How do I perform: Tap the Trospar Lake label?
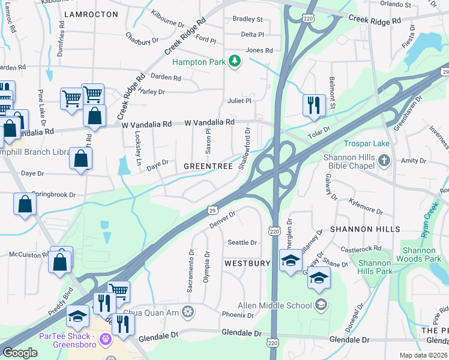pyautogui.click(x=367, y=144)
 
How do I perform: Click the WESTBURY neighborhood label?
pyautogui.click(x=247, y=263)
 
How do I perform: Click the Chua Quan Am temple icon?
pyautogui.click(x=188, y=311)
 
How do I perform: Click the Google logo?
pyautogui.click(x=20, y=352)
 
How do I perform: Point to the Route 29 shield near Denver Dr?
pyautogui.click(x=212, y=209)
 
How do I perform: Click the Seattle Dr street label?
pyautogui.click(x=242, y=242)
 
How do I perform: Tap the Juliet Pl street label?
pyautogui.click(x=239, y=101)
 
